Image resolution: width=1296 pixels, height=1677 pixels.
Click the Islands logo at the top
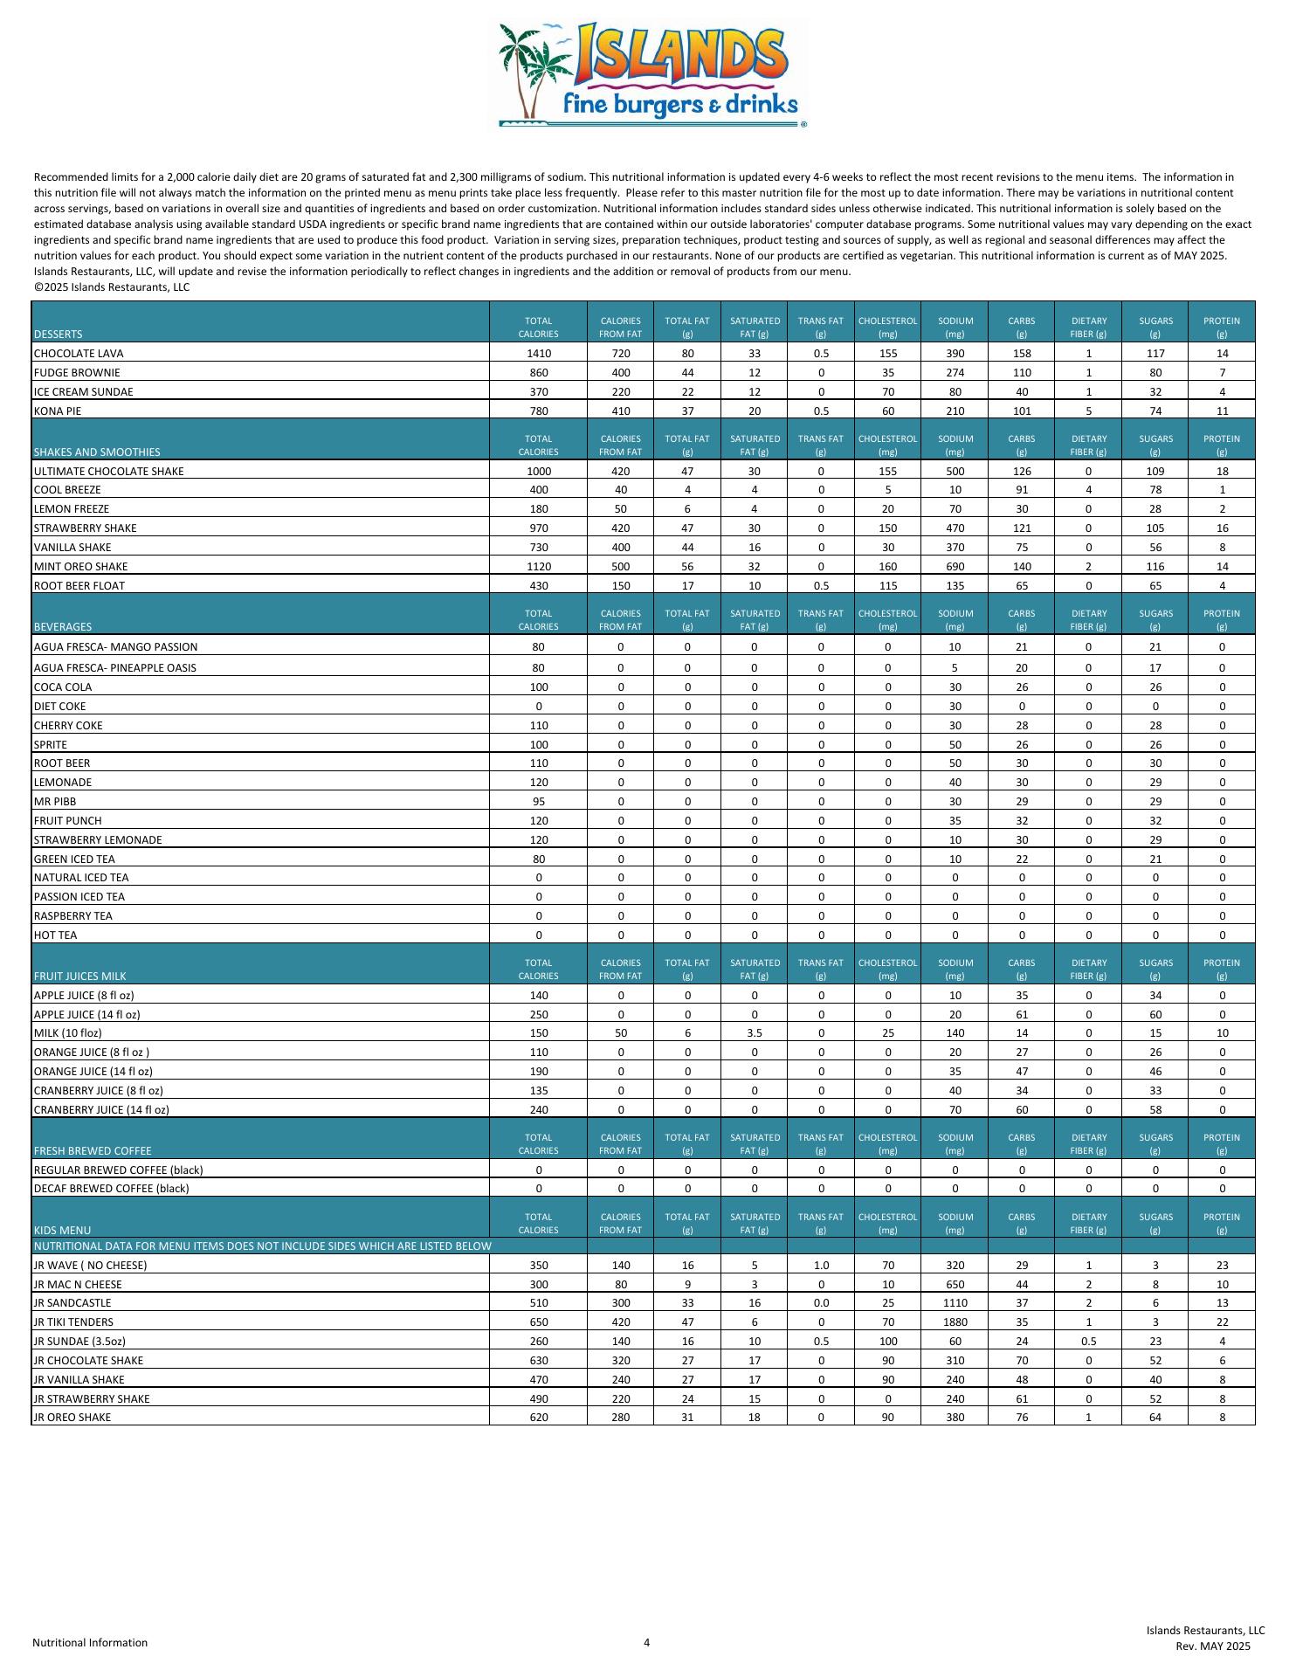(x=651, y=74)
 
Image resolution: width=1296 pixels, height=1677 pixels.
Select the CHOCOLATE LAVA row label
(x=79, y=354)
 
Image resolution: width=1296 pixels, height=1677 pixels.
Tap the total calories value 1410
(x=539, y=354)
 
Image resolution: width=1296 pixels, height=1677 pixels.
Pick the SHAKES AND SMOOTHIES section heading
(x=97, y=452)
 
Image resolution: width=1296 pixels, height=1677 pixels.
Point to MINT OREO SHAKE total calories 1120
(x=539, y=567)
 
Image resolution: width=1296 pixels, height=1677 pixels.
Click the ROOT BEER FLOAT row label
(x=79, y=586)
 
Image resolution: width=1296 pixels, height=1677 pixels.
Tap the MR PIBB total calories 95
(x=539, y=802)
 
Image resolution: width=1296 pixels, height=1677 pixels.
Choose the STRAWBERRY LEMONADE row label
(x=98, y=840)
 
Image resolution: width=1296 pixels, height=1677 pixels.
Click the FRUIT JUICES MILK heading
(x=80, y=977)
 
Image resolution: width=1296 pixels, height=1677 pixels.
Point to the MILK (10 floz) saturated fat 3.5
(x=755, y=1033)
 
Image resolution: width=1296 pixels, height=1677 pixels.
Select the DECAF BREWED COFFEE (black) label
(x=111, y=1189)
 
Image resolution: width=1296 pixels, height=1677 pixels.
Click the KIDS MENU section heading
(x=62, y=1231)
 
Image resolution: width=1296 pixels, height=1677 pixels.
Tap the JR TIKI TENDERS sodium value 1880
(x=955, y=1322)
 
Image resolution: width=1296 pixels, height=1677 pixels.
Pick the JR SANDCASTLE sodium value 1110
(x=955, y=1303)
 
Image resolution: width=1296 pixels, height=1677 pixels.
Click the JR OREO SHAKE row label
(x=72, y=1418)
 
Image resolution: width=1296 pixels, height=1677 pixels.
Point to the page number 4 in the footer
(x=647, y=1642)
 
